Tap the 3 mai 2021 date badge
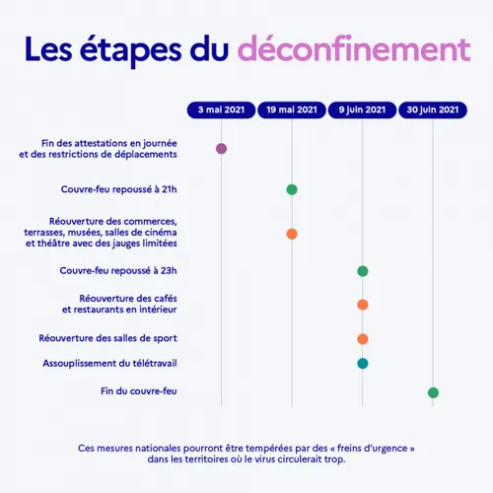click(221, 109)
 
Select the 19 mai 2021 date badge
click(292, 109)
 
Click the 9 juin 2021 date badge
click(362, 109)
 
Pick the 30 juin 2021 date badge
click(433, 109)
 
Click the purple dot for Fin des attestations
click(221, 149)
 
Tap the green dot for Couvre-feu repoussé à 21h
click(292, 189)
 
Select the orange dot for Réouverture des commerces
click(292, 234)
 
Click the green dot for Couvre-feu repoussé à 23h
click(363, 271)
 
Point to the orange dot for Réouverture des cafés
click(363, 305)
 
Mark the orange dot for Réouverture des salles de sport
click(363, 339)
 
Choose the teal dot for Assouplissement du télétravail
click(363, 363)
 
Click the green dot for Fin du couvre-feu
click(433, 392)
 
